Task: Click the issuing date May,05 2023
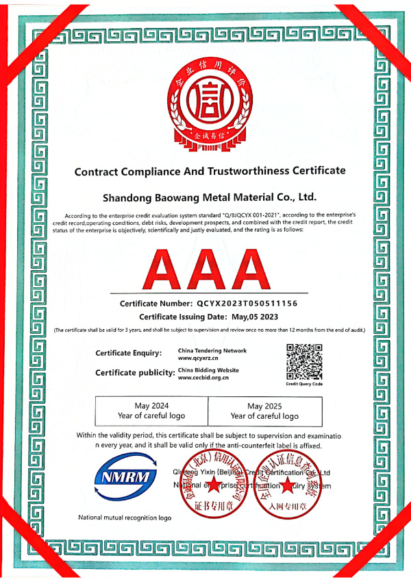click(250, 317)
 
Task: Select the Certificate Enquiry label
click(129, 353)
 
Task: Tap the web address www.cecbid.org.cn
click(203, 378)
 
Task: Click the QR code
click(304, 362)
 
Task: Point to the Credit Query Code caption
click(304, 384)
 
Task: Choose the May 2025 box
click(264, 411)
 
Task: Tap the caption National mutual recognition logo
click(125, 517)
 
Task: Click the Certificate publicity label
click(134, 372)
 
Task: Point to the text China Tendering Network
click(212, 350)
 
